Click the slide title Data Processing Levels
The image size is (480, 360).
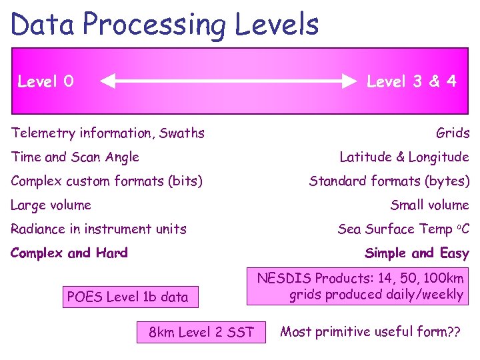click(165, 25)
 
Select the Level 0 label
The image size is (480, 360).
click(45, 81)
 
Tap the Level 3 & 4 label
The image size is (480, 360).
click(411, 81)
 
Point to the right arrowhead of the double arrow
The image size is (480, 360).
click(351, 82)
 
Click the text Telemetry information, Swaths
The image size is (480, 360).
click(108, 133)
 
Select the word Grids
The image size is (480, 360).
click(453, 133)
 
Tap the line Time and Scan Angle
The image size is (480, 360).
click(75, 157)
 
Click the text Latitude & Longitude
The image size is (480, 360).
click(404, 157)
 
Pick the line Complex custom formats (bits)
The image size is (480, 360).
click(107, 181)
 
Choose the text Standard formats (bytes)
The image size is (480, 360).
click(389, 181)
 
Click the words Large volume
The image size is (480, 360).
click(51, 205)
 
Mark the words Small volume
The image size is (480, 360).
click(429, 205)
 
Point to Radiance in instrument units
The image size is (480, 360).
click(99, 229)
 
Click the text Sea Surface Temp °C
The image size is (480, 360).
click(403, 229)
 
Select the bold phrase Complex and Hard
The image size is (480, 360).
click(69, 253)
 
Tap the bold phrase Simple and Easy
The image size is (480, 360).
click(417, 253)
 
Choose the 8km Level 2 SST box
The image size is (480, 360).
click(201, 332)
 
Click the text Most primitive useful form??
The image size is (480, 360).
click(370, 332)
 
